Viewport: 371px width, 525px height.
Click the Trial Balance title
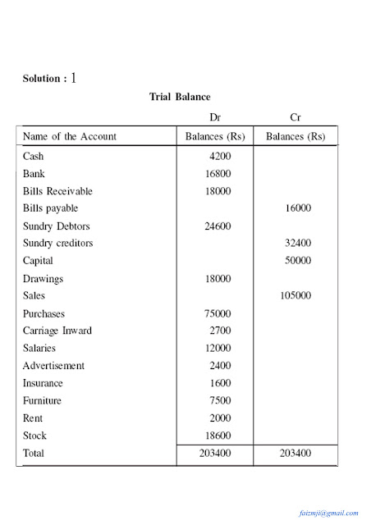point(180,97)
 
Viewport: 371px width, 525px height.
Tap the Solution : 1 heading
point(50,79)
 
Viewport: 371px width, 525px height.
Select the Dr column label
point(217,118)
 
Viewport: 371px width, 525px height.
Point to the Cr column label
point(295,118)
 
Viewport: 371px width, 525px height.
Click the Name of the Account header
point(70,136)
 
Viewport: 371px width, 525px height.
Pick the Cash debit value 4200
point(223,157)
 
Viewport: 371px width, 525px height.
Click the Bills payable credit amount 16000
point(298,208)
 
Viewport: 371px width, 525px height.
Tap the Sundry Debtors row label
point(57,226)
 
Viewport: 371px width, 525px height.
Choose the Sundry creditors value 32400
point(298,244)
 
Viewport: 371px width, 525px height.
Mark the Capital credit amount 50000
point(298,261)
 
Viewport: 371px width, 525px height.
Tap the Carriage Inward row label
point(57,331)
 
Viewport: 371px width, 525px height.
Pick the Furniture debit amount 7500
point(223,401)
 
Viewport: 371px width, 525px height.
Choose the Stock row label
point(35,436)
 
